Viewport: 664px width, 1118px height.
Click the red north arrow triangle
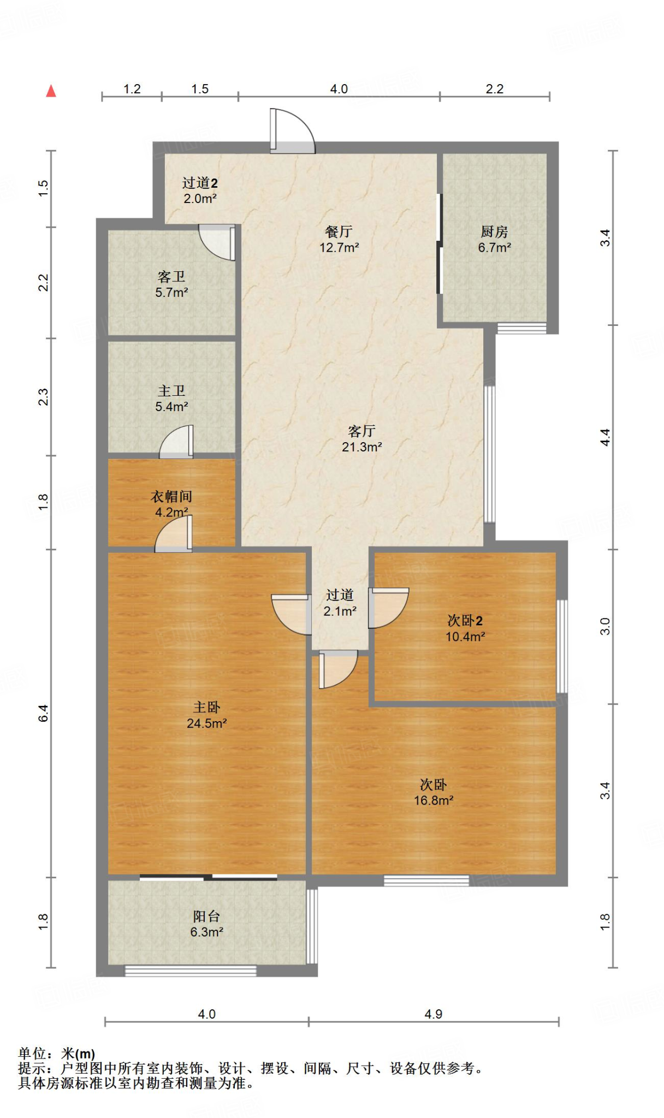pyautogui.click(x=51, y=91)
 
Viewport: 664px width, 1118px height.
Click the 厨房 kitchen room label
pyautogui.click(x=494, y=231)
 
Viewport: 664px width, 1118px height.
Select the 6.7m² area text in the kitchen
pyautogui.click(x=494, y=247)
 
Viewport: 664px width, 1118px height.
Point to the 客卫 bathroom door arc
pyautogui.click(x=217, y=242)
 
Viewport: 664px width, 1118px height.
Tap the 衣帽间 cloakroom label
pyautogui.click(x=171, y=496)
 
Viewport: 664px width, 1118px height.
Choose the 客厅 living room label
pyautogui.click(x=361, y=431)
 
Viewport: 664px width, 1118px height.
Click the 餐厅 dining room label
pyautogui.click(x=339, y=231)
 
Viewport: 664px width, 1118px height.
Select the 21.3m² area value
pyautogui.click(x=361, y=447)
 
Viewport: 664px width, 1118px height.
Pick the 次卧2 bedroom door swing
pyautogui.click(x=388, y=608)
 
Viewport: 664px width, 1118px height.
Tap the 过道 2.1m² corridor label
pyautogui.click(x=340, y=603)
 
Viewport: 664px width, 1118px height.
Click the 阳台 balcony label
pyautogui.click(x=206, y=916)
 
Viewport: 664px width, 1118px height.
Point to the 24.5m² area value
pyautogui.click(x=206, y=723)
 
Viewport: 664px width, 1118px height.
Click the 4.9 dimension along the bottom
pyautogui.click(x=433, y=1014)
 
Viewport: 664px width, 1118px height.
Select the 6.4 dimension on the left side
pyautogui.click(x=43, y=713)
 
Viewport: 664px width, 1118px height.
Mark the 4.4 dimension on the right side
pyautogui.click(x=605, y=437)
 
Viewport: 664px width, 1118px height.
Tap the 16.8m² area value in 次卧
pyautogui.click(x=434, y=800)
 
